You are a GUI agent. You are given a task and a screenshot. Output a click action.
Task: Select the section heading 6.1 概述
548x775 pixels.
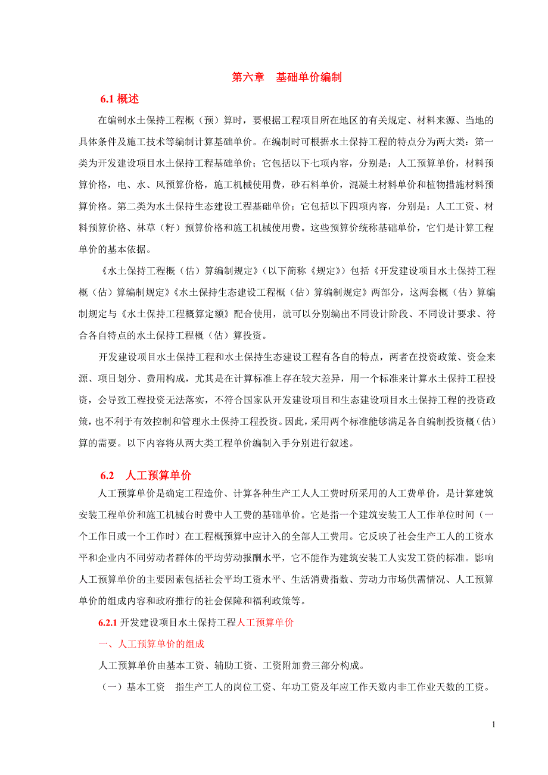(119, 99)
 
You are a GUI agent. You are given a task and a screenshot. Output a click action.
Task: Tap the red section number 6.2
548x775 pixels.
(107, 476)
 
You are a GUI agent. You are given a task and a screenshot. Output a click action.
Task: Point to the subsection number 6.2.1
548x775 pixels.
(108, 623)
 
